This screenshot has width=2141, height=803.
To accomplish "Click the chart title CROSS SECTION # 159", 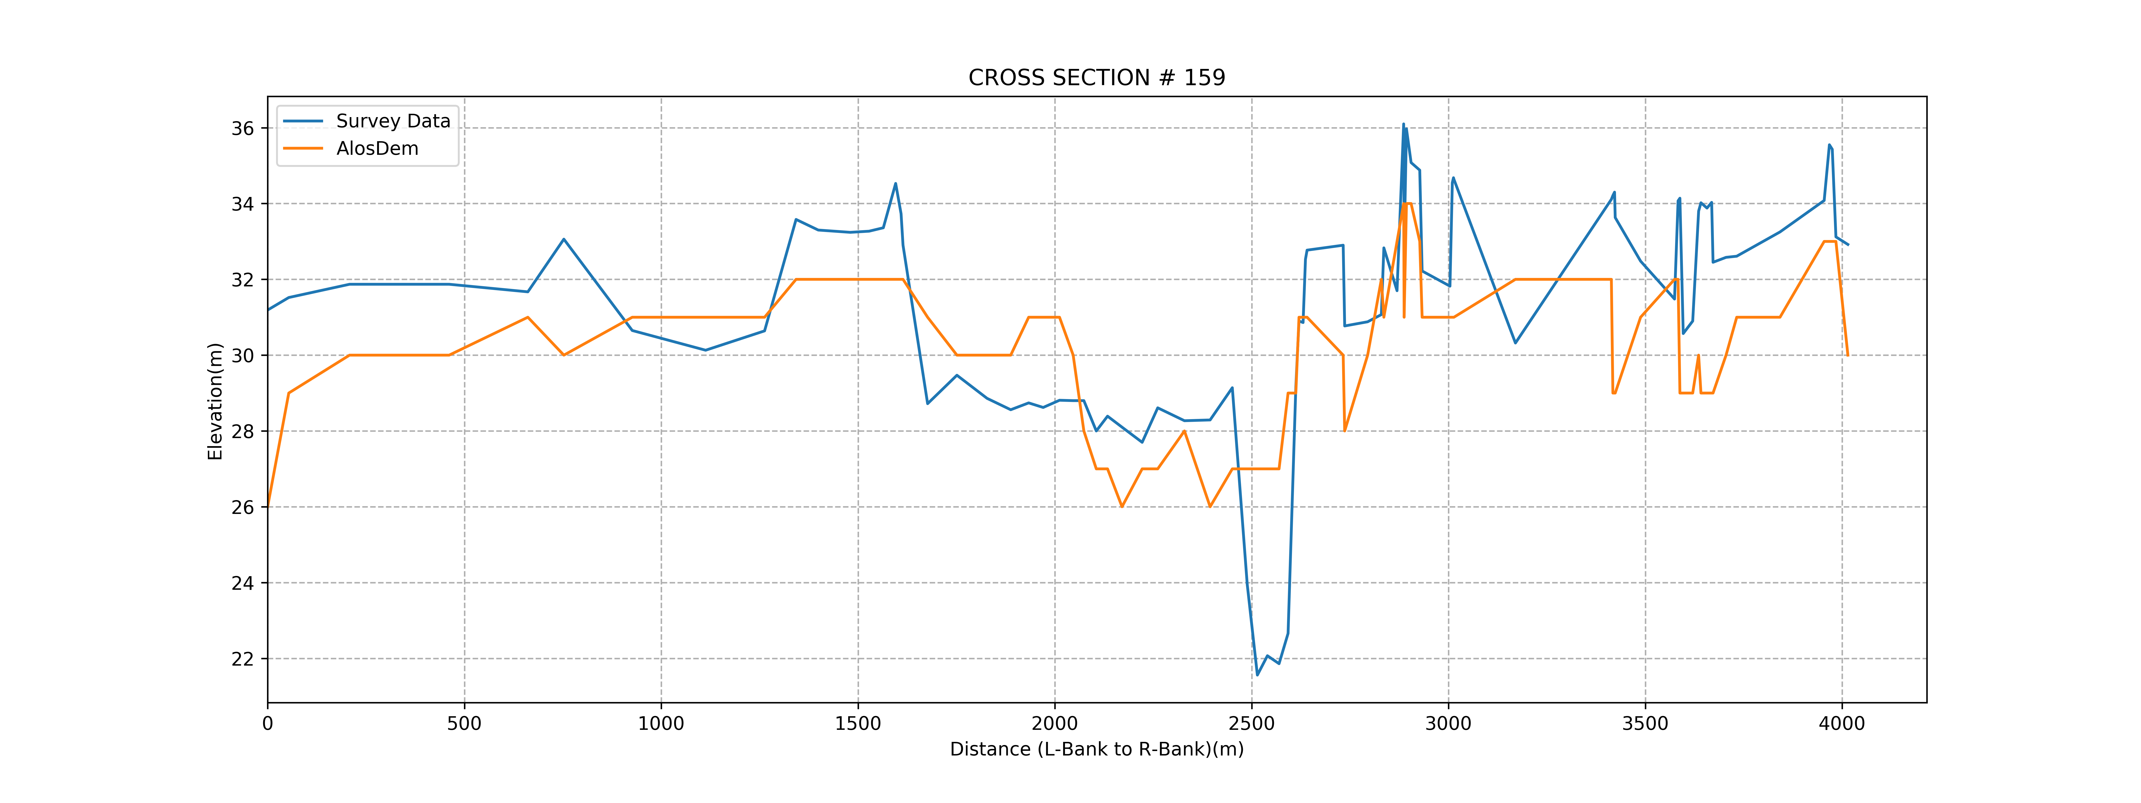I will click(x=1096, y=78).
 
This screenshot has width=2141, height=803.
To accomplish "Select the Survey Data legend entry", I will click(x=392, y=121).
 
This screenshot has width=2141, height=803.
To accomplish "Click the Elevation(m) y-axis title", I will click(x=215, y=401).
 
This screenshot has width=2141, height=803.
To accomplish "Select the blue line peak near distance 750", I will click(x=564, y=239).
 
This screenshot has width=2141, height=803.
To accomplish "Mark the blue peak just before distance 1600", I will click(x=895, y=184).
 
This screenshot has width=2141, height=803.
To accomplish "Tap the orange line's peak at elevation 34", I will click(x=1407, y=204).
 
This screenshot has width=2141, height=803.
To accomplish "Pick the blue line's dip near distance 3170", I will click(x=1515, y=342).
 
